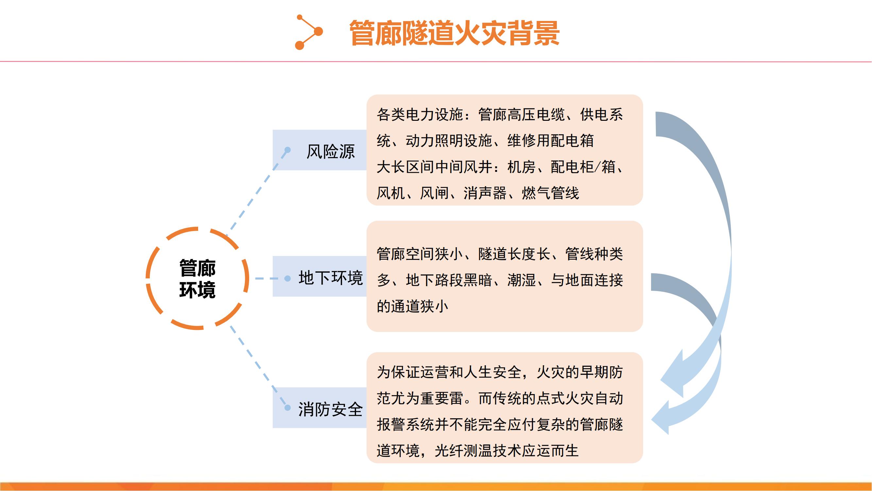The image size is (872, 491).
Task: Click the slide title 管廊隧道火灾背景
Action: tap(454, 33)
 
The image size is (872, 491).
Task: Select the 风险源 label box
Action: tap(319, 150)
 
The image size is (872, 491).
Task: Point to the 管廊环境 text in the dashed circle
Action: tap(197, 279)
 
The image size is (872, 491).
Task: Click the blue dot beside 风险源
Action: tap(288, 150)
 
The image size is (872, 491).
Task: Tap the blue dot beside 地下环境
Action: tap(288, 278)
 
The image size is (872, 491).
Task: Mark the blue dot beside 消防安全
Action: tap(288, 408)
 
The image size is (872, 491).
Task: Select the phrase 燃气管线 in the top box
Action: tap(550, 193)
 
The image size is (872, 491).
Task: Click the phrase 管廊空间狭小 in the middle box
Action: tap(419, 254)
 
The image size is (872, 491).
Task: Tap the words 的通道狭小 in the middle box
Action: tap(412, 306)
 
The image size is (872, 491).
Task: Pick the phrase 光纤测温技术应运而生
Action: tap(506, 451)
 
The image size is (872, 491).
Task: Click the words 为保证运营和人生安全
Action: tap(449, 372)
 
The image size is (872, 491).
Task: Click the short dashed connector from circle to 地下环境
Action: tap(269, 278)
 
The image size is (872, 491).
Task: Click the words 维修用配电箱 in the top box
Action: tap(550, 141)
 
